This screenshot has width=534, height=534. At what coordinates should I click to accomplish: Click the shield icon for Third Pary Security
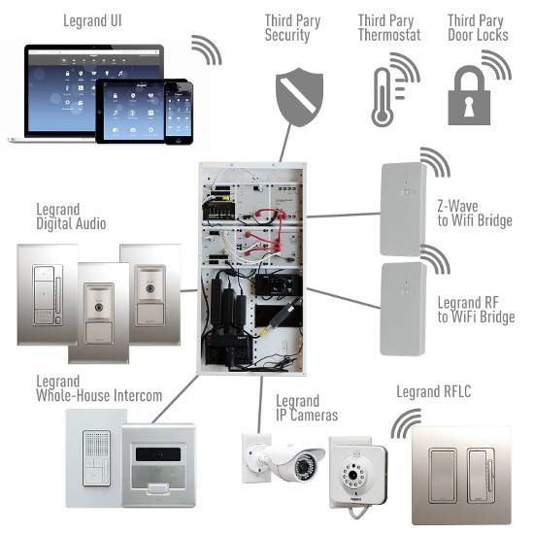point(299,97)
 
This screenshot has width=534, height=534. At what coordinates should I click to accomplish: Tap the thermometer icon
point(383,97)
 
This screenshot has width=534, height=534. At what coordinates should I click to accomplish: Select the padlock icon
point(469,96)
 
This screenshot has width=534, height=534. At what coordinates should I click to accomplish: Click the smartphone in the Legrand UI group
point(179,113)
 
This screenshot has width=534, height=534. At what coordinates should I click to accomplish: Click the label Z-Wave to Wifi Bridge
point(475,214)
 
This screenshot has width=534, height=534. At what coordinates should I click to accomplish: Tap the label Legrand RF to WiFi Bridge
point(476,310)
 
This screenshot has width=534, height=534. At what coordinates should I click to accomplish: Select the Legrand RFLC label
point(434,391)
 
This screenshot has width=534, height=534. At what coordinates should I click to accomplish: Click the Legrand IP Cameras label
point(307,408)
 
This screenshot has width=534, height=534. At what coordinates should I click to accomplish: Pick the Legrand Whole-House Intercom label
point(99,388)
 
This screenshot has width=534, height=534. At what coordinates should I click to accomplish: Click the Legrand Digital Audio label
point(71,217)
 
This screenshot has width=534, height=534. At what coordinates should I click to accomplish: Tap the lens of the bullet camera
point(303,465)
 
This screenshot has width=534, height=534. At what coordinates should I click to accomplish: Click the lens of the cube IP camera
point(352,475)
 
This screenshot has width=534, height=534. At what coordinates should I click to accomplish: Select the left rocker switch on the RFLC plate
point(443,476)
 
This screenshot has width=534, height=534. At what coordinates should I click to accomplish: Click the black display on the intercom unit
point(158,454)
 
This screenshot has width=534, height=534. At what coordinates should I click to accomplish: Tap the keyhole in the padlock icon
point(469,106)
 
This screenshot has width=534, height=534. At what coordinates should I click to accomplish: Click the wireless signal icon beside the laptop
point(207,50)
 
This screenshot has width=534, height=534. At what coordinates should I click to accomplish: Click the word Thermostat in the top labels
point(389,35)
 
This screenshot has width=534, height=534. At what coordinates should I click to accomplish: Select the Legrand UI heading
point(92,20)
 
